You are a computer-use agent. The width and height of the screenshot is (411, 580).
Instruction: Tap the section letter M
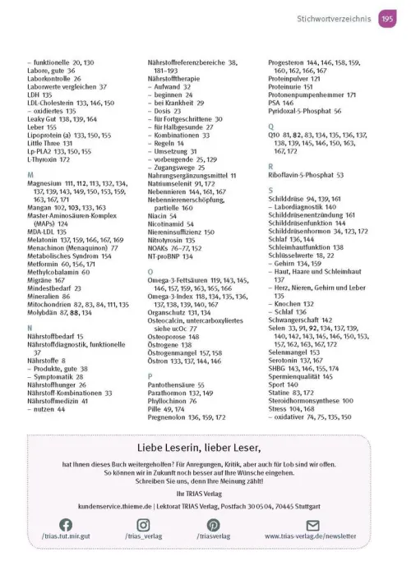30,176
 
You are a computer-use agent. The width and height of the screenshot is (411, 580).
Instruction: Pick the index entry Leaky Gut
43,118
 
